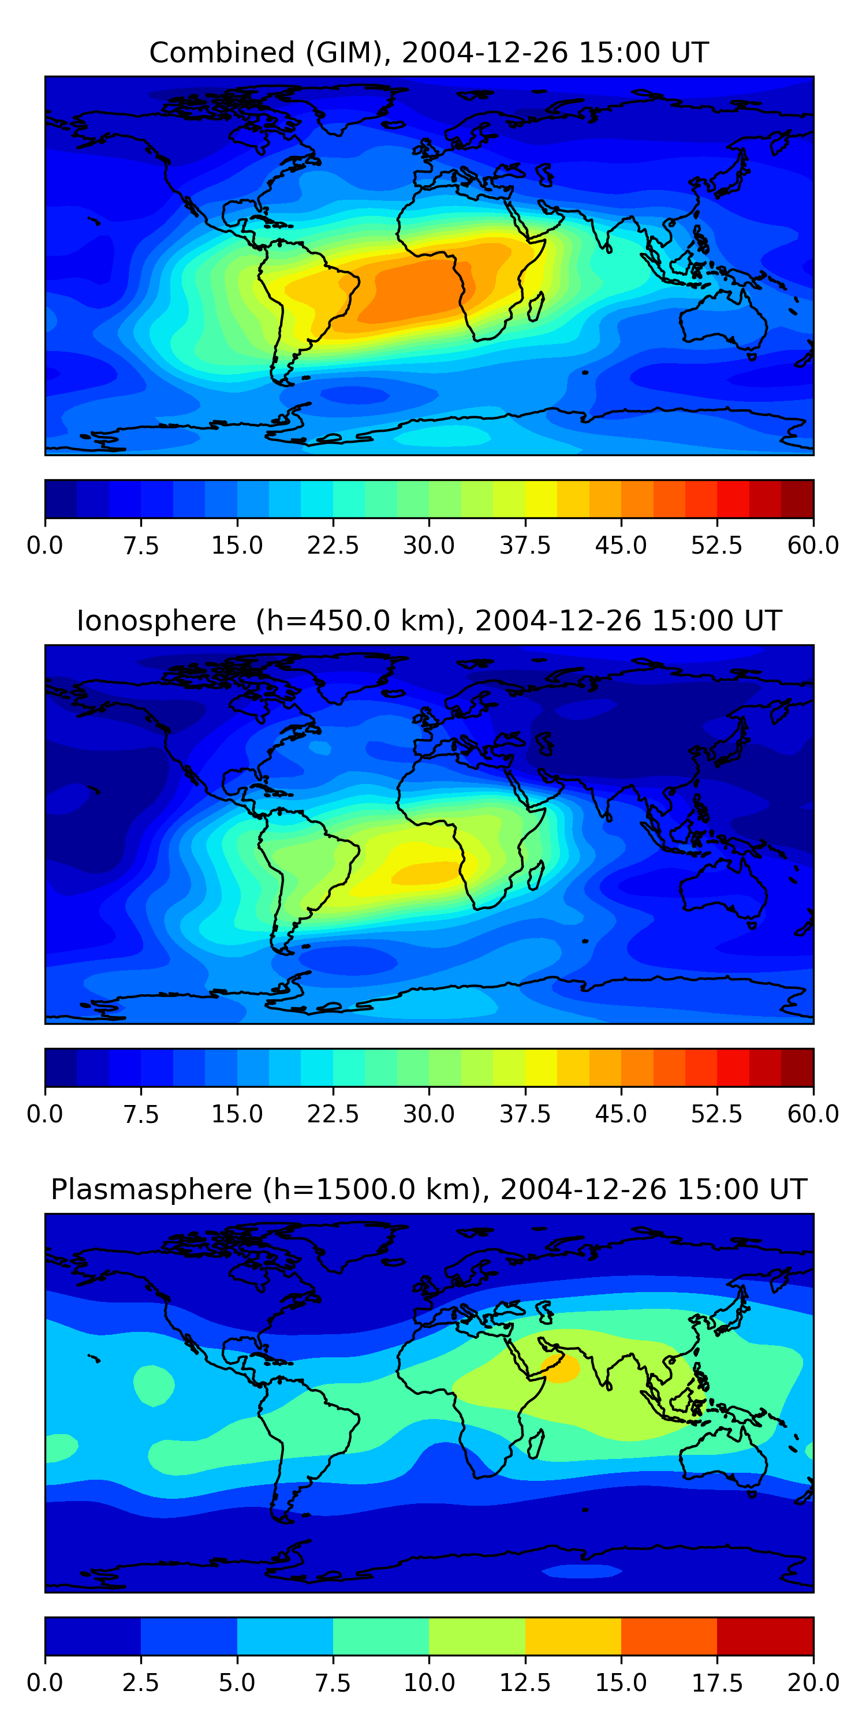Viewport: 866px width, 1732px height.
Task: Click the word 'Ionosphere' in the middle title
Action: pos(156,621)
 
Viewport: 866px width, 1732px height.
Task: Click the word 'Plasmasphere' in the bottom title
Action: pos(151,1189)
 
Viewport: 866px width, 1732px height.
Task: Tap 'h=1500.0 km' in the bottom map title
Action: pos(370,1189)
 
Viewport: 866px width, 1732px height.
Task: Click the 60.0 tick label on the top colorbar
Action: pos(813,545)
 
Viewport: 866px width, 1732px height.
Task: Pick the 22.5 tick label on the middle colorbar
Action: pos(333,1114)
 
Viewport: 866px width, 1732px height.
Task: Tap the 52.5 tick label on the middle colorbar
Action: pos(716,1114)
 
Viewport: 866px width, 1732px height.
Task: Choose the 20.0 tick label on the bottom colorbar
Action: pos(813,1683)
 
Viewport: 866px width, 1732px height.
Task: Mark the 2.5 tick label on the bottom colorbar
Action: pos(140,1683)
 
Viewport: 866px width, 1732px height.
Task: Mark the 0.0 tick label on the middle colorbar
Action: pos(45,1114)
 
